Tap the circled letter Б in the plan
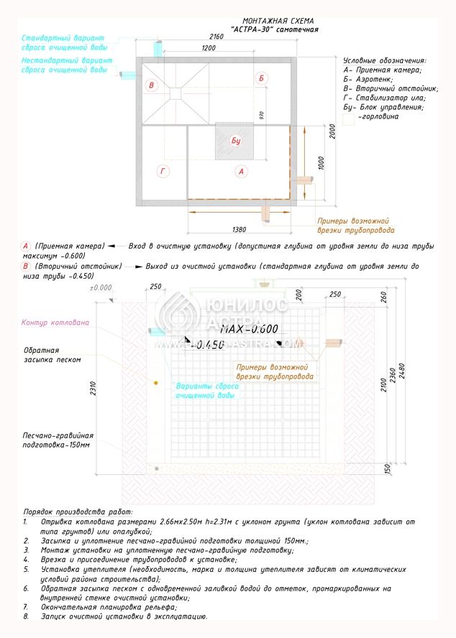click(262, 78)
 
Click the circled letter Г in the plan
click(163, 171)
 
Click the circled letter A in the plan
click(241, 171)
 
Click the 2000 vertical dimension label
click(332, 131)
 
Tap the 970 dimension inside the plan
click(262, 115)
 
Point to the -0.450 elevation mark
click(209, 344)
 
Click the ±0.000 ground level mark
click(101, 287)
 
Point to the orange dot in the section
click(155, 384)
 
